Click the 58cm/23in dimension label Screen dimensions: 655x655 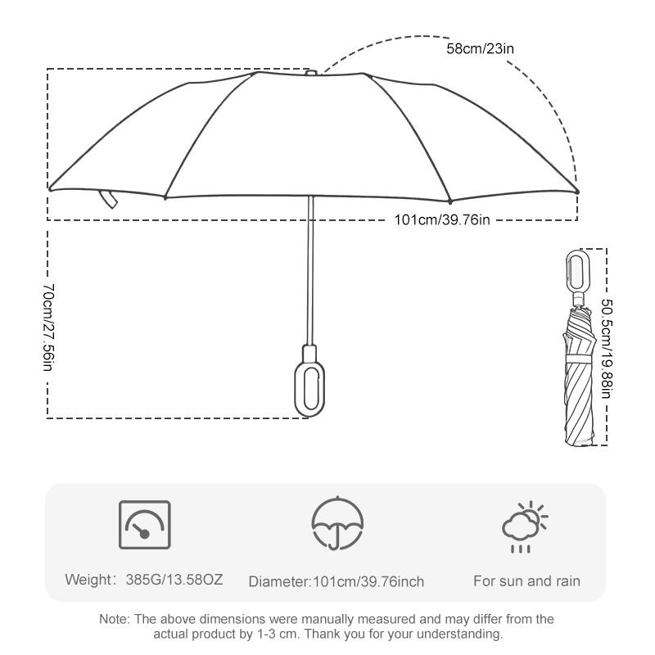click(x=480, y=48)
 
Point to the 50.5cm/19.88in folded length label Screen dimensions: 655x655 click(x=607, y=346)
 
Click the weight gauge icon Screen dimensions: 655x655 click(x=145, y=525)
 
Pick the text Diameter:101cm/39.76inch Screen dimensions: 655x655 click(x=337, y=582)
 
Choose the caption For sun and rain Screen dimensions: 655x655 click(x=527, y=581)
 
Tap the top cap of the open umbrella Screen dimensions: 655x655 click(x=311, y=73)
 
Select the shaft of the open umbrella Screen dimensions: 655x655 click(x=310, y=270)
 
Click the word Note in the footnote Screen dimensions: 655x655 click(x=114, y=619)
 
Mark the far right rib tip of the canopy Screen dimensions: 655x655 click(x=577, y=192)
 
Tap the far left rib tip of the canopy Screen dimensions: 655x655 click(x=50, y=189)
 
